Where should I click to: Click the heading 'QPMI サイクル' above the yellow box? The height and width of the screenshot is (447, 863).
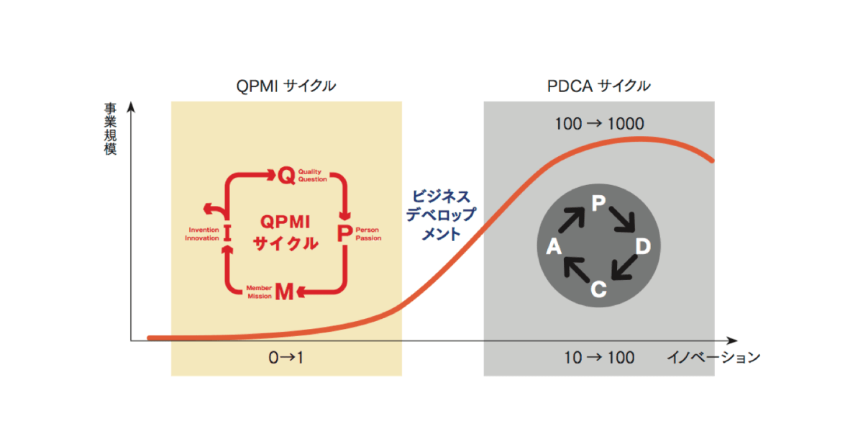pyautogui.click(x=286, y=86)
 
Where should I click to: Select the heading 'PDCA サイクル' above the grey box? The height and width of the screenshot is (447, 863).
pyautogui.click(x=598, y=86)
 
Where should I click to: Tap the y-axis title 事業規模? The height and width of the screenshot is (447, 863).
pyautogui.click(x=110, y=129)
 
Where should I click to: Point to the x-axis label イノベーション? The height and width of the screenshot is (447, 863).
pyautogui.click(x=713, y=358)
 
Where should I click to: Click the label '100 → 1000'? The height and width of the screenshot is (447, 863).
pyautogui.click(x=599, y=124)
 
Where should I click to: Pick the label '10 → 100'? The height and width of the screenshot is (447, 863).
pyautogui.click(x=599, y=358)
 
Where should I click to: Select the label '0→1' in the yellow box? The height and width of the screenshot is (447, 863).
pyautogui.click(x=286, y=358)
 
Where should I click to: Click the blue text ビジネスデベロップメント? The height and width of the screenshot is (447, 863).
pyautogui.click(x=441, y=215)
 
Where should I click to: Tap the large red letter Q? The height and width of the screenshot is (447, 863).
pyautogui.click(x=287, y=176)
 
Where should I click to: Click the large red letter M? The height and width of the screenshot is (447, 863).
pyautogui.click(x=285, y=292)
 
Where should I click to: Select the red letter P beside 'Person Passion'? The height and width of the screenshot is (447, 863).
pyautogui.click(x=344, y=233)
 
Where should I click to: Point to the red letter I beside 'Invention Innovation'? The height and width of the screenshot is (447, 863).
pyautogui.click(x=227, y=233)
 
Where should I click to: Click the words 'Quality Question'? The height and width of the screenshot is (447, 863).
pyautogui.click(x=312, y=176)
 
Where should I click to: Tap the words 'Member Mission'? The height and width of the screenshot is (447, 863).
pyautogui.click(x=260, y=292)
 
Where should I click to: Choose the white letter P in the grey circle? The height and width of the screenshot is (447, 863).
pyautogui.click(x=598, y=203)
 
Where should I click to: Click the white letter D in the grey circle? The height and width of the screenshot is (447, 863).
pyautogui.click(x=643, y=246)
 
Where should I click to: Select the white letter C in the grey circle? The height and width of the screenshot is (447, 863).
pyautogui.click(x=598, y=289)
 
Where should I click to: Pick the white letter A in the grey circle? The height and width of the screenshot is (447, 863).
pyautogui.click(x=554, y=246)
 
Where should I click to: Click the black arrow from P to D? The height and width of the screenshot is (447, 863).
pyautogui.click(x=622, y=220)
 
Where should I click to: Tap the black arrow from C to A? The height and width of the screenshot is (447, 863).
pyautogui.click(x=576, y=270)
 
